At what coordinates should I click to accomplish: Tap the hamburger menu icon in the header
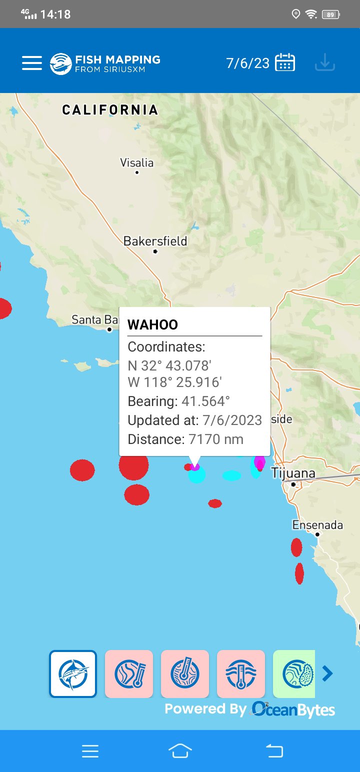pos(32,63)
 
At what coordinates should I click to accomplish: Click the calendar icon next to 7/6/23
pos(285,63)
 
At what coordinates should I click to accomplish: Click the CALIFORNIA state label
pos(110,109)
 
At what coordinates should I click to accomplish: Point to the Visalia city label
pos(136,163)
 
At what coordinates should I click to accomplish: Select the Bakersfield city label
pos(155,241)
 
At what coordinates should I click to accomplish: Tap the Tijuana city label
pos(293,473)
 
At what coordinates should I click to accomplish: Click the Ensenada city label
pos(317,525)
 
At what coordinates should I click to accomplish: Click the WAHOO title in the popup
pos(152,325)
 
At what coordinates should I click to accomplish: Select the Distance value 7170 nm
pos(215,439)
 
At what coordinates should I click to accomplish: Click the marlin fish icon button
pos(73,673)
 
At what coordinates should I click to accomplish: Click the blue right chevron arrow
pos(327,673)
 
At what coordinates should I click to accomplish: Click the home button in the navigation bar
pos(180,750)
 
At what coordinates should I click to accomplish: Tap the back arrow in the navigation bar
pos(274,750)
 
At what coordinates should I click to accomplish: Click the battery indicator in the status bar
pos(330,14)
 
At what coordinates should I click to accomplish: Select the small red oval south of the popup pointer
pos(215,503)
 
